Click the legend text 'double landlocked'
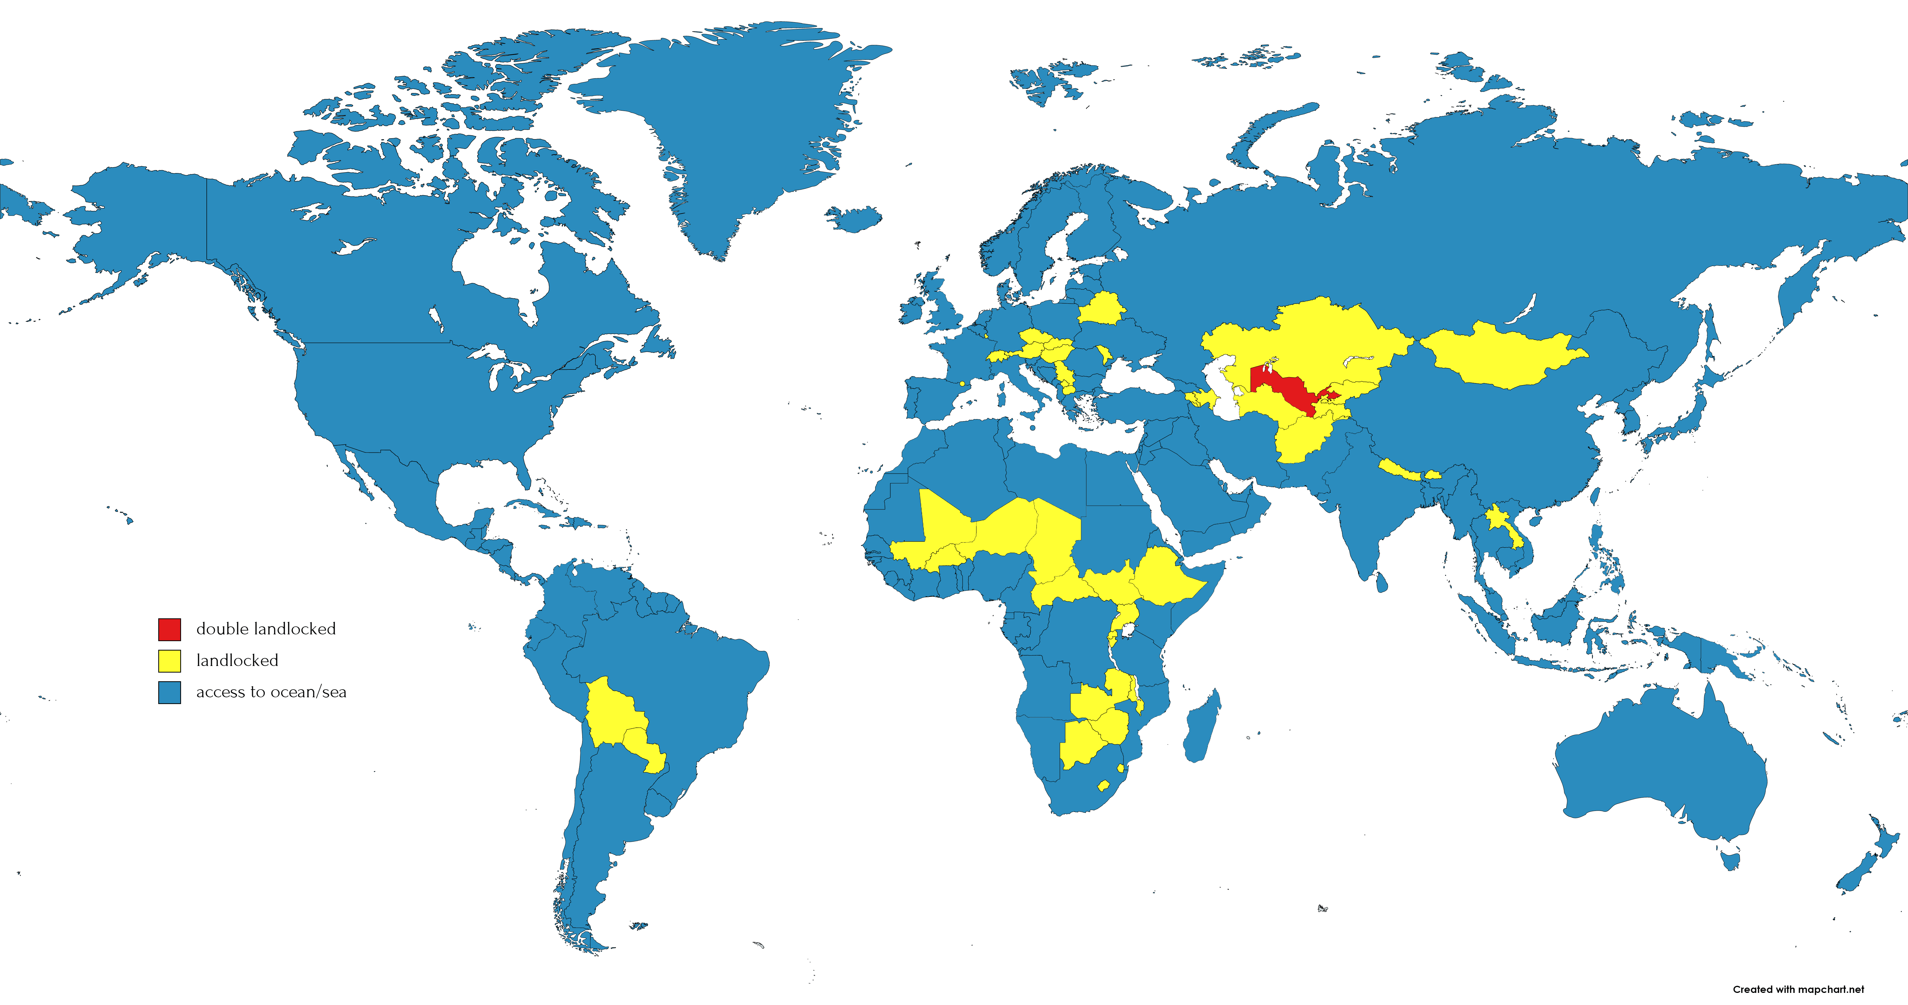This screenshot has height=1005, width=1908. coord(266,629)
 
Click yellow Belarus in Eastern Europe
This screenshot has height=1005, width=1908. coord(1101,308)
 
